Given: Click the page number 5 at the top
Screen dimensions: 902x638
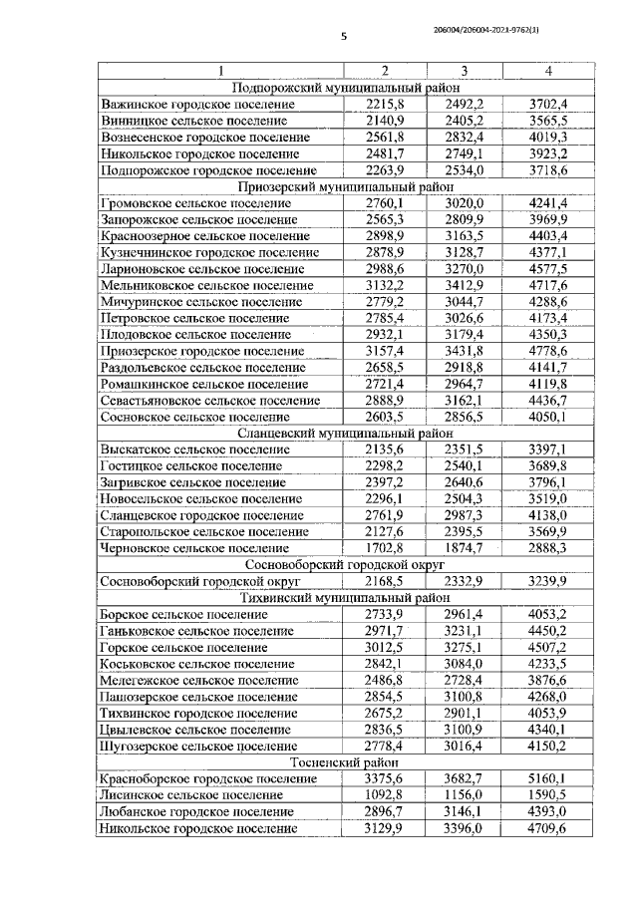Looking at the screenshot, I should [x=343, y=37].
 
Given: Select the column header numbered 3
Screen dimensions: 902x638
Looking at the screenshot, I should [x=465, y=71].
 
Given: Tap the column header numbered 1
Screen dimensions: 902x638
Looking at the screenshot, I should [x=220, y=71].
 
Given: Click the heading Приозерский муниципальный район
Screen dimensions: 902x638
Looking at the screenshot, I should [x=346, y=186].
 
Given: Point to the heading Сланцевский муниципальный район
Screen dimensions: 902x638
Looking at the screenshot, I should [x=346, y=434].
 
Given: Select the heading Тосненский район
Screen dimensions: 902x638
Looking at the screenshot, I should [x=346, y=762].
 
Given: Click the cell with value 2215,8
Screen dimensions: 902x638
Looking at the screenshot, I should [x=384, y=104].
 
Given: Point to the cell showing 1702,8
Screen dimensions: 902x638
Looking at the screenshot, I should [x=384, y=548].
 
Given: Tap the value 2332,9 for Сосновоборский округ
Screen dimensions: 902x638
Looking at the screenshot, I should [x=465, y=581].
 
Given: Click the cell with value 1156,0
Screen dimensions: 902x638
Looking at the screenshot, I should [x=465, y=795].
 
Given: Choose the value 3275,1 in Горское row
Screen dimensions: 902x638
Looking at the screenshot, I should [x=465, y=647].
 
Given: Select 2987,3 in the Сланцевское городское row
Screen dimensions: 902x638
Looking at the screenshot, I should [x=465, y=515].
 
